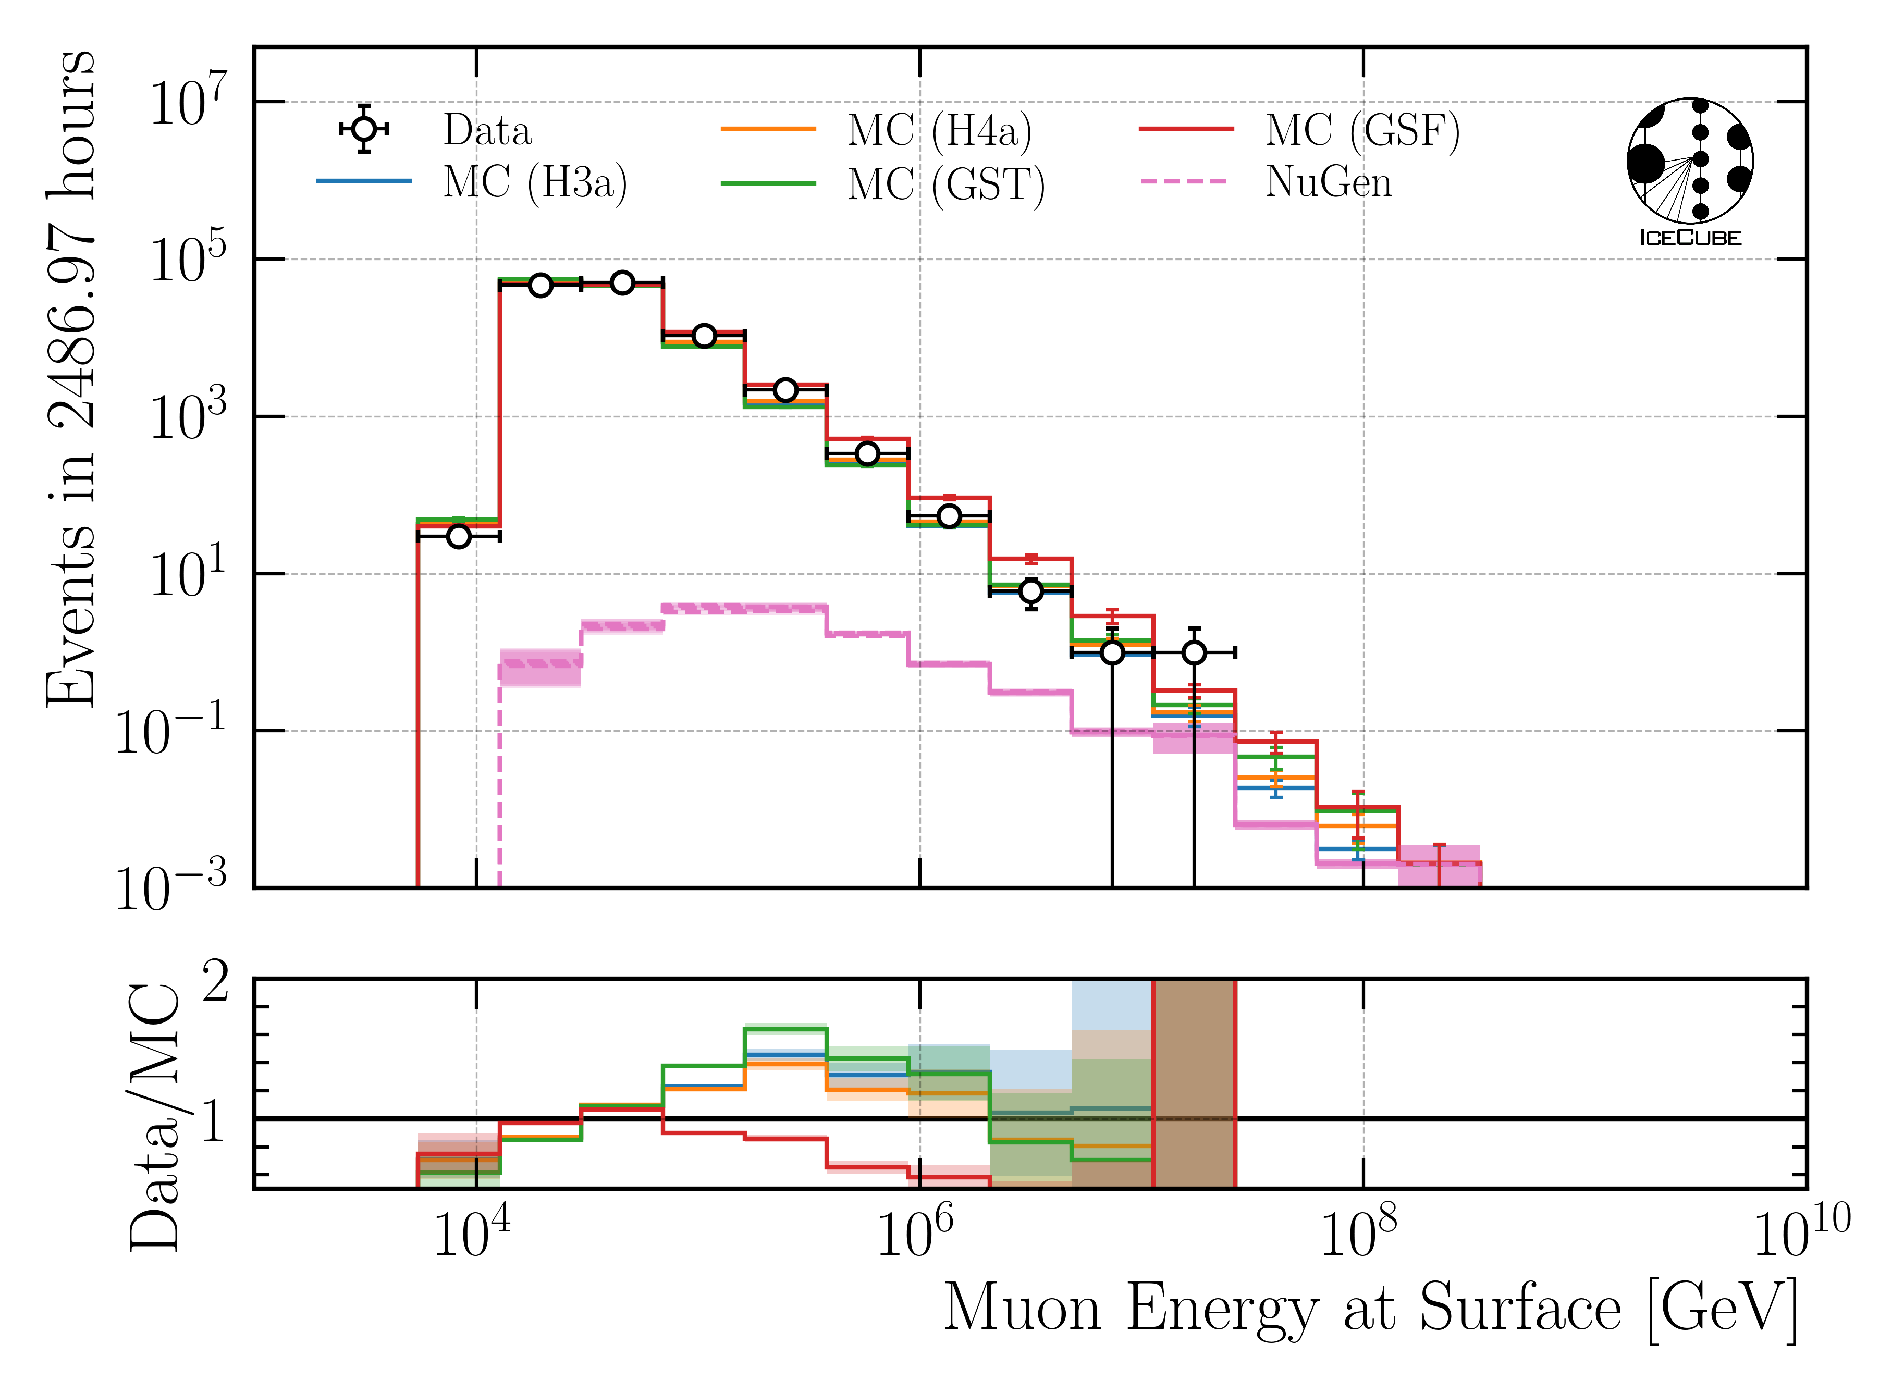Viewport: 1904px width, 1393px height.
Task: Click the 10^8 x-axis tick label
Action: point(1358,1236)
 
